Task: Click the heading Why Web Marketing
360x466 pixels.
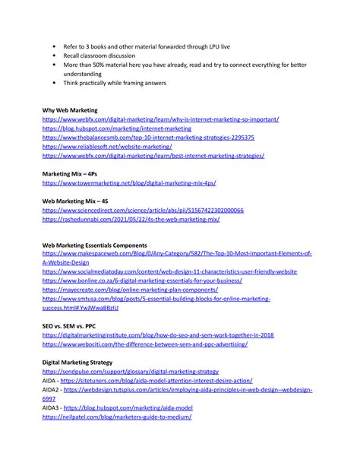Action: coord(69,110)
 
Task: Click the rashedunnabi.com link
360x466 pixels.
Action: coord(131,219)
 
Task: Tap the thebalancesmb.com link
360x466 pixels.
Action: coord(148,138)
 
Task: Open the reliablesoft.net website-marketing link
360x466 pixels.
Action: coord(118,147)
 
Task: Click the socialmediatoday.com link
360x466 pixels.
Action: coord(169,271)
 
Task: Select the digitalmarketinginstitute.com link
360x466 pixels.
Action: coord(157,335)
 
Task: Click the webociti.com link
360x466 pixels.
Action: coord(144,344)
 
